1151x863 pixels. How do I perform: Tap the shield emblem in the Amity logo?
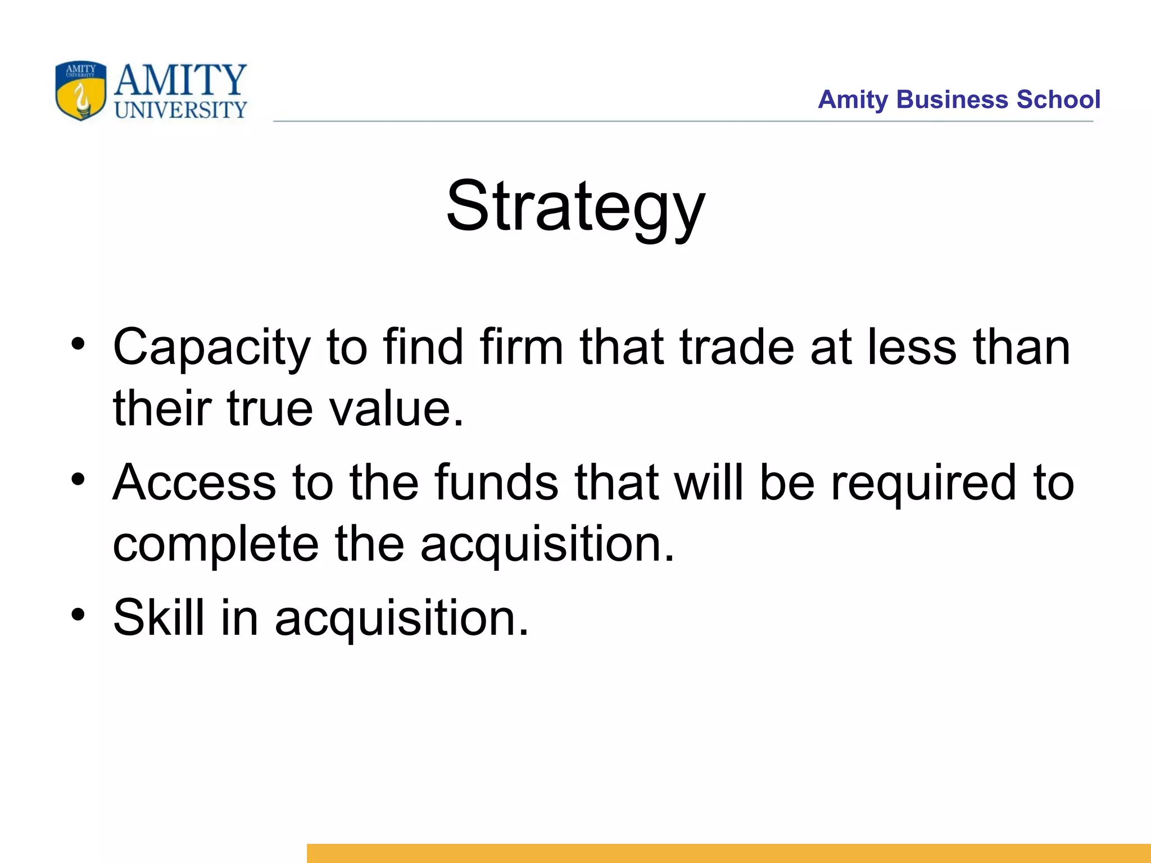80,91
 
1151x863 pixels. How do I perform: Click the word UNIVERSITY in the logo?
180,110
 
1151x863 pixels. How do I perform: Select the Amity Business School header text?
959,99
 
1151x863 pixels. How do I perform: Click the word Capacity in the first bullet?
211,348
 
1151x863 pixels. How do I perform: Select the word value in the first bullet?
397,408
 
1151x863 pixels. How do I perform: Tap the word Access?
194,483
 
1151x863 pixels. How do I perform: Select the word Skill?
158,617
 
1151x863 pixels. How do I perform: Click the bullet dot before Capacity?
78,343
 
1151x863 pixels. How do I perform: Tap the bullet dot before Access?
78,479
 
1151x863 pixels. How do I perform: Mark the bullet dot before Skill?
78,614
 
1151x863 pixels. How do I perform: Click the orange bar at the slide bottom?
728,853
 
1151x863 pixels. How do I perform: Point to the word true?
270,408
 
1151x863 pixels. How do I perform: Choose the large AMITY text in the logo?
180,80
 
